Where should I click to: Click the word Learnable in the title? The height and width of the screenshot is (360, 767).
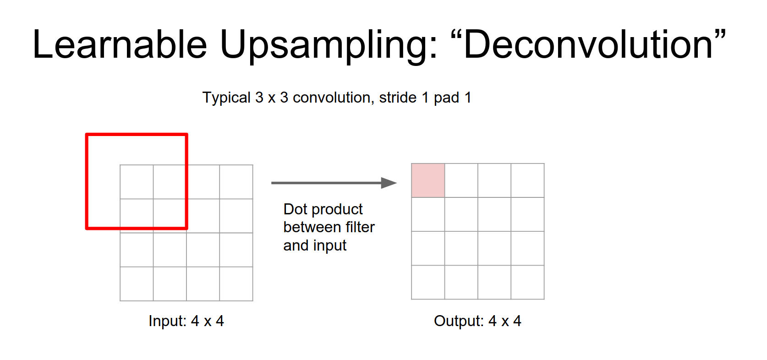[120, 44]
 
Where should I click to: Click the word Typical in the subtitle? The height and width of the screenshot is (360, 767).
[226, 98]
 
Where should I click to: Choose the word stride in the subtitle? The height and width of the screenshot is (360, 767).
[398, 98]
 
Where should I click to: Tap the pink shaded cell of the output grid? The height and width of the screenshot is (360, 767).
[428, 180]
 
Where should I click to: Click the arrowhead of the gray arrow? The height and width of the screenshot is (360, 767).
[389, 183]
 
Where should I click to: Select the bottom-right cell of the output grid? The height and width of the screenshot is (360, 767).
[528, 282]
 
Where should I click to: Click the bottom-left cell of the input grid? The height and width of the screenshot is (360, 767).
[137, 284]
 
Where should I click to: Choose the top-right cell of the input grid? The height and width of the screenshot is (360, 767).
[236, 182]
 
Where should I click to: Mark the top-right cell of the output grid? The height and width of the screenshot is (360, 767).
[528, 180]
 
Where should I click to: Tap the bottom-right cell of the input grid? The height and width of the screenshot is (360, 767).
[236, 284]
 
